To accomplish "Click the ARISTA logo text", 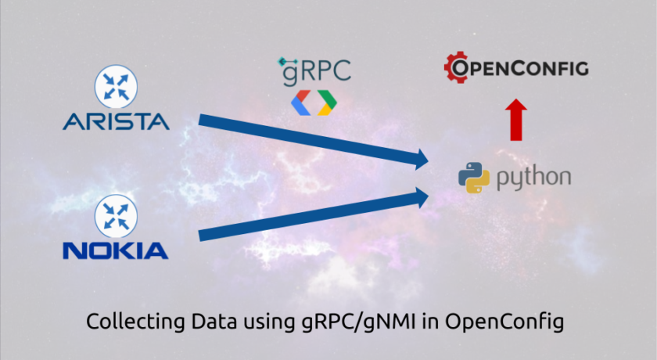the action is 116,121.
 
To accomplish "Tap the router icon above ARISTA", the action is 116,87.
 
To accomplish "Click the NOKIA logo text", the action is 116,250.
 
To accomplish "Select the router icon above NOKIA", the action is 116,216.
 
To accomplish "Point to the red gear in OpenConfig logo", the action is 456,67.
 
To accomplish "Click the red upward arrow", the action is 515,120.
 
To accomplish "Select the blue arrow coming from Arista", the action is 314,141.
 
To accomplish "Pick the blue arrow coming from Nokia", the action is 314,214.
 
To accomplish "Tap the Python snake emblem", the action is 474,178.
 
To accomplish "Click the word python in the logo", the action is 533,178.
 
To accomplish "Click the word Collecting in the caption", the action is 135,322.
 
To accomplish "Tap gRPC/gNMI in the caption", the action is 359,322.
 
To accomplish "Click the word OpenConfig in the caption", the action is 504,322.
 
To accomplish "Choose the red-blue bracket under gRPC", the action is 301,103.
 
